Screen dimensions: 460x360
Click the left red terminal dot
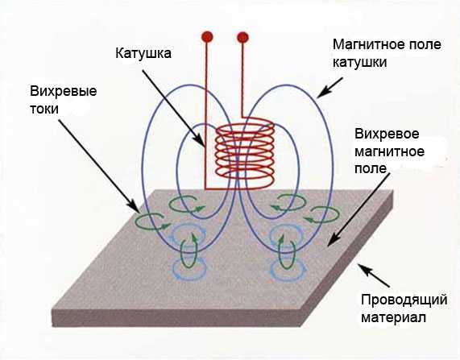click(207, 37)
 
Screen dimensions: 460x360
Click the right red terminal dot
click(242, 38)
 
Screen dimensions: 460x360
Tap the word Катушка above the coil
click(143, 53)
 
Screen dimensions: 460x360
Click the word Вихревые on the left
click(64, 91)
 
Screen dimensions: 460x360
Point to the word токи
click(44, 110)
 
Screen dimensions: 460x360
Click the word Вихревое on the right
click(387, 134)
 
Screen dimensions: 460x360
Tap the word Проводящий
click(404, 300)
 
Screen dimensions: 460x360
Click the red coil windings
click(245, 152)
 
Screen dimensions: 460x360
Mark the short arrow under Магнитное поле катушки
click(330, 88)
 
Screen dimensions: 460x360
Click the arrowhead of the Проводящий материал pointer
click(363, 267)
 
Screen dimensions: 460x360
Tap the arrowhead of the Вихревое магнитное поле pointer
click(331, 241)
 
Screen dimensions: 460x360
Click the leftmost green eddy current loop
click(152, 221)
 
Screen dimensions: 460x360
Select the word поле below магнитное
click(371, 169)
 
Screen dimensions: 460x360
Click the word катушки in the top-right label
click(360, 63)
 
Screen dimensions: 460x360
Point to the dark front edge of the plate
click(176, 318)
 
